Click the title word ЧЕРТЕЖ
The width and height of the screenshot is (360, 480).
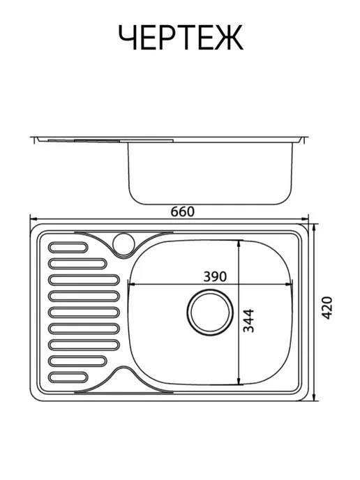tap(181, 38)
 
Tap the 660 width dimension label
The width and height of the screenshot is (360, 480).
tap(183, 211)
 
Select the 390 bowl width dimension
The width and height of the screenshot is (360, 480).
tap(215, 276)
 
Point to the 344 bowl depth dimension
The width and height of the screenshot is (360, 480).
tap(248, 320)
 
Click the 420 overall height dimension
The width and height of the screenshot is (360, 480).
tap(327, 308)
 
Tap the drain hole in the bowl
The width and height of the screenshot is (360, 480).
tap(210, 312)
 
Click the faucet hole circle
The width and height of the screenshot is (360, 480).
tap(124, 243)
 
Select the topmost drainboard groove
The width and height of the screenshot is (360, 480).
tap(68, 248)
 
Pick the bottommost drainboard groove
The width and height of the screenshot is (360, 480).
tap(68, 377)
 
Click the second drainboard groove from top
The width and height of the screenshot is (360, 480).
tap(77, 264)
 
